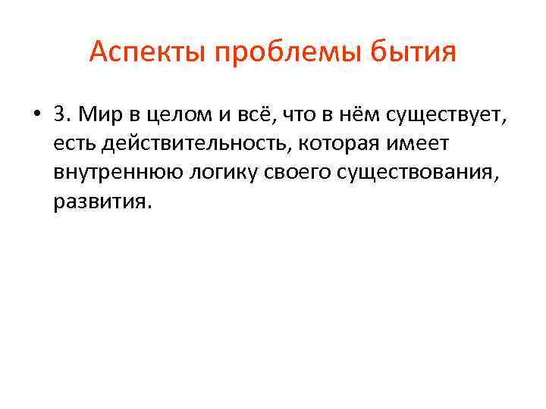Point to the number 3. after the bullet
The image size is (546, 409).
[61, 114]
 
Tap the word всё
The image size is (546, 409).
[248, 114]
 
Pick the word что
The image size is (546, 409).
[298, 114]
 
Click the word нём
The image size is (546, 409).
[359, 114]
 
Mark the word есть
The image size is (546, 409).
[74, 144]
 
